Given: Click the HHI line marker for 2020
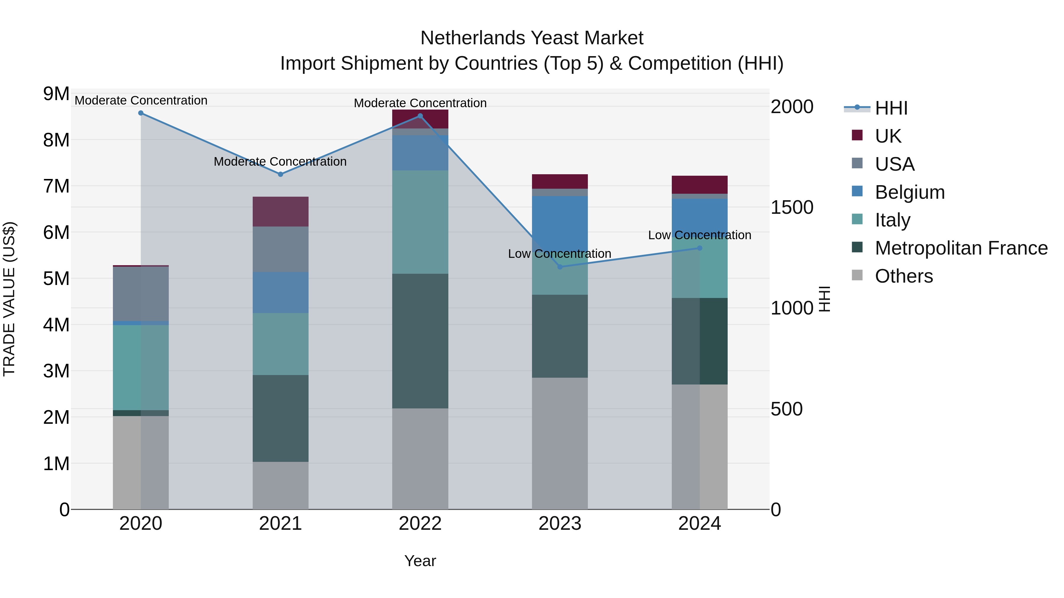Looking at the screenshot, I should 141,113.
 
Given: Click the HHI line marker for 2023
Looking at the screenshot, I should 560,267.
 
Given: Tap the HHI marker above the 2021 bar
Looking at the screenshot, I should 280,174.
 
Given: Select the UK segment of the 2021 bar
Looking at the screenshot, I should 280,211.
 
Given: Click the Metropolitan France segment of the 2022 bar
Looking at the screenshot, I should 420,341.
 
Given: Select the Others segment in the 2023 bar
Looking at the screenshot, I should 560,443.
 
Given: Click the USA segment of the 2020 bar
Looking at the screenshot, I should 141,294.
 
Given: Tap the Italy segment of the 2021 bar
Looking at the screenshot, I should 280,344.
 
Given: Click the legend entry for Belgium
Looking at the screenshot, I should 909,192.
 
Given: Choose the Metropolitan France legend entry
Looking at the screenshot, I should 961,248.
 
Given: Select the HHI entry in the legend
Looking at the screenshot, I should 891,108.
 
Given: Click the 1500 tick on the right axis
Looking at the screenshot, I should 792,207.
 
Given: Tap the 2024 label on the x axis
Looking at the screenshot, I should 699,524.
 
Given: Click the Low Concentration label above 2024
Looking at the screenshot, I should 699,235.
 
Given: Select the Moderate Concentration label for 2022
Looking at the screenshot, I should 420,103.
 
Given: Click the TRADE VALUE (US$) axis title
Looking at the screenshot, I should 9,299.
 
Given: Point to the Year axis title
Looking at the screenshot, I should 420,561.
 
